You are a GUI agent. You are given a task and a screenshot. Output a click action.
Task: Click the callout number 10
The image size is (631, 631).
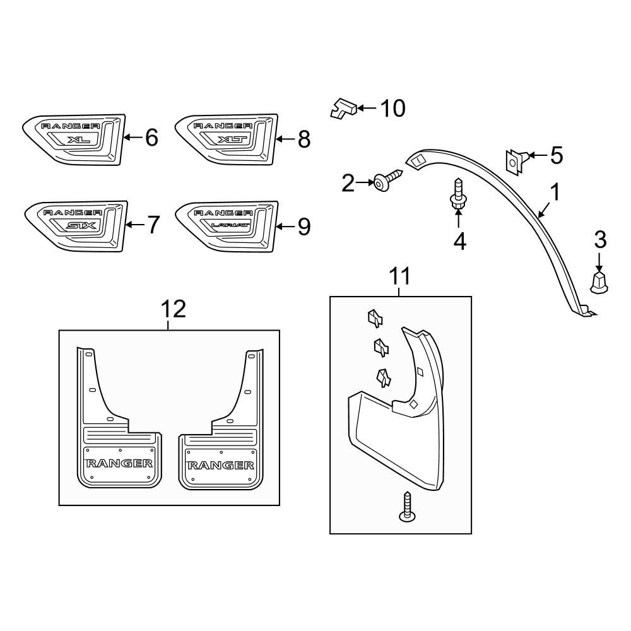pos(391,109)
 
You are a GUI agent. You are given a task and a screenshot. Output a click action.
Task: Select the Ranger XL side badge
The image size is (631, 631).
pos(73,140)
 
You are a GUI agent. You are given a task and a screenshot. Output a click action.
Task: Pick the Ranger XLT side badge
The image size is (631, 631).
pos(226,140)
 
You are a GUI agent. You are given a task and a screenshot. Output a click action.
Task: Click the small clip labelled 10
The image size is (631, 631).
pos(344,109)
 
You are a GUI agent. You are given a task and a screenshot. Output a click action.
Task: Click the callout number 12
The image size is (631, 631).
pos(174,309)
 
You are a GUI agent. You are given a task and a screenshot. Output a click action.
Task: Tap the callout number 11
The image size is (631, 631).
pos(399,276)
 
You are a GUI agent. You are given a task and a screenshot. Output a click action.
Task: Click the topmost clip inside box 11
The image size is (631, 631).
pos(375,318)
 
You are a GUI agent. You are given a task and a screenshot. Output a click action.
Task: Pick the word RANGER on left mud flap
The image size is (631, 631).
pos(119,463)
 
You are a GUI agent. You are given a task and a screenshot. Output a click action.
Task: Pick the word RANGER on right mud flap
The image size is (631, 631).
pos(220,466)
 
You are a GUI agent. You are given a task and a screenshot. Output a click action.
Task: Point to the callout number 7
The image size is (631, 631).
pos(153,225)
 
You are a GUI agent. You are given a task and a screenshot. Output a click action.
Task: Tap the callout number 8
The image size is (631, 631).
pos(304,139)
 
